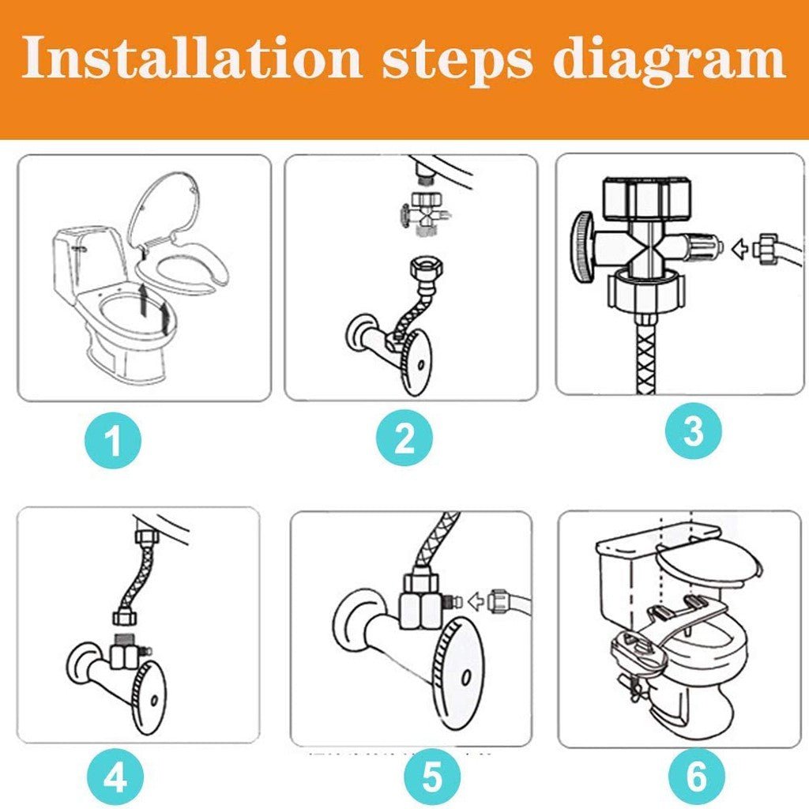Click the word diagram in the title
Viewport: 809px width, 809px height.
(668, 59)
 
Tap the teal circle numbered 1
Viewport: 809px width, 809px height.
(114, 441)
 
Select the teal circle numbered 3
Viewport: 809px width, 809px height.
(693, 431)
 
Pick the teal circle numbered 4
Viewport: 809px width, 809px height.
(115, 779)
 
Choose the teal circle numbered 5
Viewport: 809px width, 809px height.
(431, 779)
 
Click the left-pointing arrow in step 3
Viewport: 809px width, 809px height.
(740, 250)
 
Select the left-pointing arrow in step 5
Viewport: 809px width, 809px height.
(476, 602)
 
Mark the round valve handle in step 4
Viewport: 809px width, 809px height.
(149, 696)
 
